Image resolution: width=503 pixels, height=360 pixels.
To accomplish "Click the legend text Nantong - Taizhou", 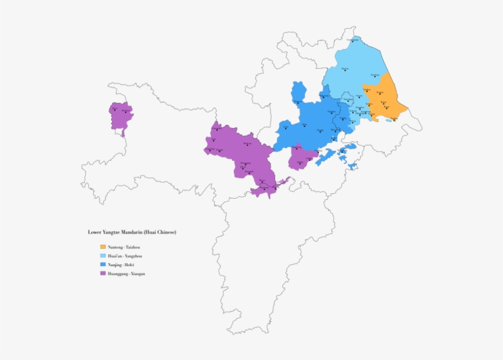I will click(120, 247).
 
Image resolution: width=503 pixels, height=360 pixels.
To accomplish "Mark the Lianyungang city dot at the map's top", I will click(353, 41).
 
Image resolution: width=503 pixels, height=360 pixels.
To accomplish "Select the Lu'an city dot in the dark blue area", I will click(285, 131).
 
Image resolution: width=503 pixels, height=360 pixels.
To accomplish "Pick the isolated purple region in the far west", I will click(121, 117).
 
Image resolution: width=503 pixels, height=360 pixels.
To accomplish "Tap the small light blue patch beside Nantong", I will click(389, 120).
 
